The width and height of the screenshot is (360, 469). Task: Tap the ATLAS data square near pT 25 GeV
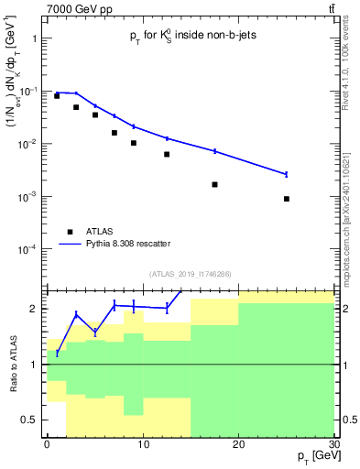[287, 199]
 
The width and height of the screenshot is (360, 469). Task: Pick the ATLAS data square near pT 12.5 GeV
[167, 154]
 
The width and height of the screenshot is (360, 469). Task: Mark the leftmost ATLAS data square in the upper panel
[57, 95]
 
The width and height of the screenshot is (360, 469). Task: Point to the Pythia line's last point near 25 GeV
[287, 174]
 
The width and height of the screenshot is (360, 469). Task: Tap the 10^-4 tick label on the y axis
[28, 250]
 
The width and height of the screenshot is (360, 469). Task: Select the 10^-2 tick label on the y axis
[28, 145]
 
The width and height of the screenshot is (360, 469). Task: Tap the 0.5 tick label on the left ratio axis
[31, 420]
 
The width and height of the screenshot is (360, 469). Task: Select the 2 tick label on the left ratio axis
[35, 309]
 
